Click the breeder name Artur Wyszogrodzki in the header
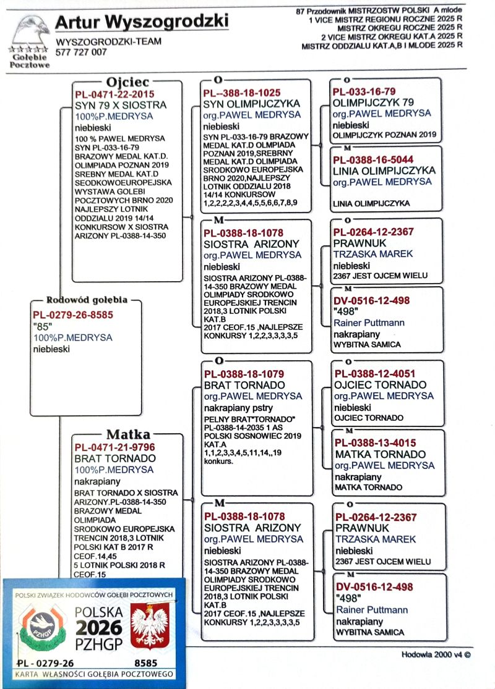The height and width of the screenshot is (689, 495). tap(141, 22)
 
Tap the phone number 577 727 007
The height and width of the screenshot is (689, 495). tap(81, 53)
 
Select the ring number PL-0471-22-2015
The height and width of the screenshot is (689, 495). tap(114, 94)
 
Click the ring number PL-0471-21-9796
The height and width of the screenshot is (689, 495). tap(114, 447)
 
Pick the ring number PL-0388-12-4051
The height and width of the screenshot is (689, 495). tap(375, 373)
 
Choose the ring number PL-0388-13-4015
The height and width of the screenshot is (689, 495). tap(375, 443)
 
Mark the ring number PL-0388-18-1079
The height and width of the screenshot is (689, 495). tap(244, 374)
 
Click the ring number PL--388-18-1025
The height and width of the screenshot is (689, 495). tap(243, 93)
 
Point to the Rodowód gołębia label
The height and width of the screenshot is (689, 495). tap(87, 301)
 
